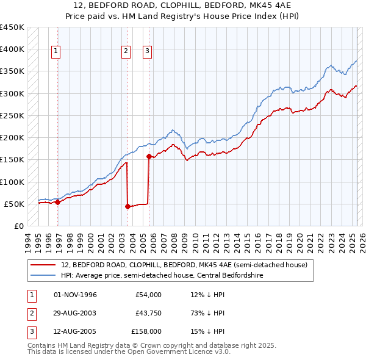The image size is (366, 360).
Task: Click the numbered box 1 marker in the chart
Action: pyautogui.click(x=56, y=52)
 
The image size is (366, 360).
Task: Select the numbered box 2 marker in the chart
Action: pyautogui.click(x=126, y=52)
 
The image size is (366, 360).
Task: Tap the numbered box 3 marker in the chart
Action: pyautogui.click(x=148, y=52)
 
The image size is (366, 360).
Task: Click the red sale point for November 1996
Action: pyautogui.click(x=58, y=202)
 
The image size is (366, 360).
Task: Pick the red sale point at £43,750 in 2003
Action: pyautogui.click(x=127, y=206)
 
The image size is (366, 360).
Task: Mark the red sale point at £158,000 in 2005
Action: pyautogui.click(x=149, y=156)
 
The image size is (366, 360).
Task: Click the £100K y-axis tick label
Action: pyautogui.click(x=12, y=182)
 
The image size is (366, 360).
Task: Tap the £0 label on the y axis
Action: pyautogui.click(x=18, y=226)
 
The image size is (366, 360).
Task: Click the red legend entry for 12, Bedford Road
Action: pyautogui.click(x=188, y=265)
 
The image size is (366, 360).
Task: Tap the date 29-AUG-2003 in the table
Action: pyautogui.click(x=75, y=313)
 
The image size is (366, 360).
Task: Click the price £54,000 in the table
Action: pyautogui.click(x=148, y=295)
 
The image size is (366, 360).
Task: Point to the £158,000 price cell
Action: pyautogui.click(x=146, y=331)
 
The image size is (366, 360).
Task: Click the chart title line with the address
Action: pyautogui.click(x=182, y=7)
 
